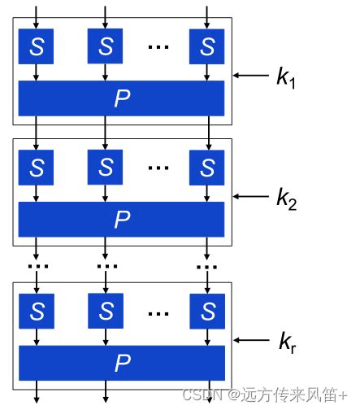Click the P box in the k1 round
coord(122,98)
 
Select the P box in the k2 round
coord(122,219)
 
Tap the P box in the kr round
coord(122,362)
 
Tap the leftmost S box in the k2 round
coord(37,168)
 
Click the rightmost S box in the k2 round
coord(206,168)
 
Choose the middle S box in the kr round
coord(106,311)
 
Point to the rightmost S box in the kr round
coord(206,311)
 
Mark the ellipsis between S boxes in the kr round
coord(158,311)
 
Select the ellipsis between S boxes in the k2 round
coord(158,168)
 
